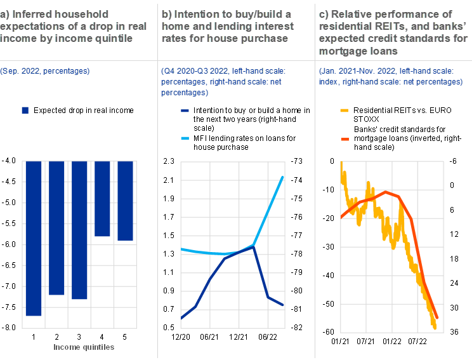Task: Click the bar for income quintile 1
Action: [x=34, y=238]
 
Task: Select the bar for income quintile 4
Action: [x=102, y=199]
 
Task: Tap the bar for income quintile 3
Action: [x=79, y=230]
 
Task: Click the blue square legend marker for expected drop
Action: [x=25, y=110]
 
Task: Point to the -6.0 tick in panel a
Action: [x=8, y=244]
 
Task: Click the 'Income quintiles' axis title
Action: [x=84, y=347]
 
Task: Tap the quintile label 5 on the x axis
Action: [x=124, y=337]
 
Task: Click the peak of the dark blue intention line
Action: [x=254, y=247]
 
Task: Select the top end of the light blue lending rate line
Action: [x=283, y=177]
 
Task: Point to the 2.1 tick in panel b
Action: [x=169, y=180]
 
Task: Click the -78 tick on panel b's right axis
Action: [x=296, y=254]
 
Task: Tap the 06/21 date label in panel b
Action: [x=209, y=337]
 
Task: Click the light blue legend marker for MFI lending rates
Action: [x=185, y=138]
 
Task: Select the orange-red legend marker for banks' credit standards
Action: [x=345, y=139]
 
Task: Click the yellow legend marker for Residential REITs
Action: [x=344, y=110]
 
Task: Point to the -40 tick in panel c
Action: [x=328, y=276]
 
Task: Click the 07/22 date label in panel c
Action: [x=417, y=342]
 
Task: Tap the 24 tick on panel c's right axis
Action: [x=454, y=283]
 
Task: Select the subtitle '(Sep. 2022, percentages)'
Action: [x=45, y=71]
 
